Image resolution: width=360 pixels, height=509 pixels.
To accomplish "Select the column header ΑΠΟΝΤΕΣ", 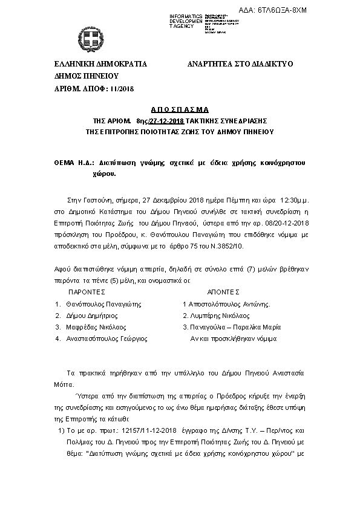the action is tap(223, 290).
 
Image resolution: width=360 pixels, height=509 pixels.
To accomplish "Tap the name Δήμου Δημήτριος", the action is tap(91, 316).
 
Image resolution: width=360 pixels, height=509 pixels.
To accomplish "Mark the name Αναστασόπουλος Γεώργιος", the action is tap(106, 339).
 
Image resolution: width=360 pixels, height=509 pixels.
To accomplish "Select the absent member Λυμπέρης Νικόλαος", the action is tap(218, 316).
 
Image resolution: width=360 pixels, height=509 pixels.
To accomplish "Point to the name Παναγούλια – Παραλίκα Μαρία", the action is tap(230, 327).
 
